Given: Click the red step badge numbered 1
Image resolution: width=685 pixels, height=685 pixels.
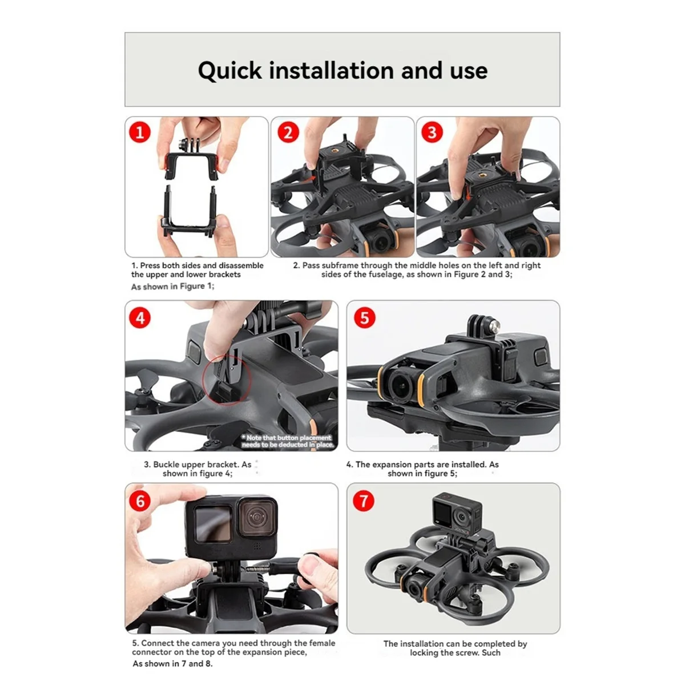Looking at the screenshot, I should tap(140, 132).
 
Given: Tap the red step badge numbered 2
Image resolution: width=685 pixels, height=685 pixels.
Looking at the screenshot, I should tap(288, 132).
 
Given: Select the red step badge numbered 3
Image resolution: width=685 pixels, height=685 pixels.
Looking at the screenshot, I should tap(432, 132).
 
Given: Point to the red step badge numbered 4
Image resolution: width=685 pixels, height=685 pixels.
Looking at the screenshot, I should tap(141, 318).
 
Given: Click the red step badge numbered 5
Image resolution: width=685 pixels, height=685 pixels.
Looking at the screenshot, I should tap(365, 318).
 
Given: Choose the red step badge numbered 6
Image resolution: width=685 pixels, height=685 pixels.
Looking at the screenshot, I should tap(140, 501).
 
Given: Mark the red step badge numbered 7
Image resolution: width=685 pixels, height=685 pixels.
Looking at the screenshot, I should tap(364, 501).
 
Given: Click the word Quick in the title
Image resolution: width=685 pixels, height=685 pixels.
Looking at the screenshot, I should tap(229, 71).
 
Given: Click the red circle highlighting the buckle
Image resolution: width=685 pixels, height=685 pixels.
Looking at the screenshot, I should tap(226, 378).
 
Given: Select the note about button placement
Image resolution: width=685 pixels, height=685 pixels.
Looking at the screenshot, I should tap(288, 441).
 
